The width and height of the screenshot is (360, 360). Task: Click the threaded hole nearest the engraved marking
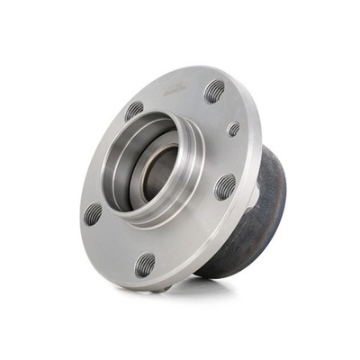tap(214, 91)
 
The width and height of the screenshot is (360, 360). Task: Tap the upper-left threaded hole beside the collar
tap(134, 112)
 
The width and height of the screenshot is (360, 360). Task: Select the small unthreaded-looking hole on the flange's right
tap(234, 130)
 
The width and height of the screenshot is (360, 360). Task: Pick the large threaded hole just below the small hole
tap(224, 186)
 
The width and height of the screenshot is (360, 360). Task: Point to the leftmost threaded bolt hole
tap(93, 213)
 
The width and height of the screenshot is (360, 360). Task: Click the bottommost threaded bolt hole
tap(145, 264)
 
